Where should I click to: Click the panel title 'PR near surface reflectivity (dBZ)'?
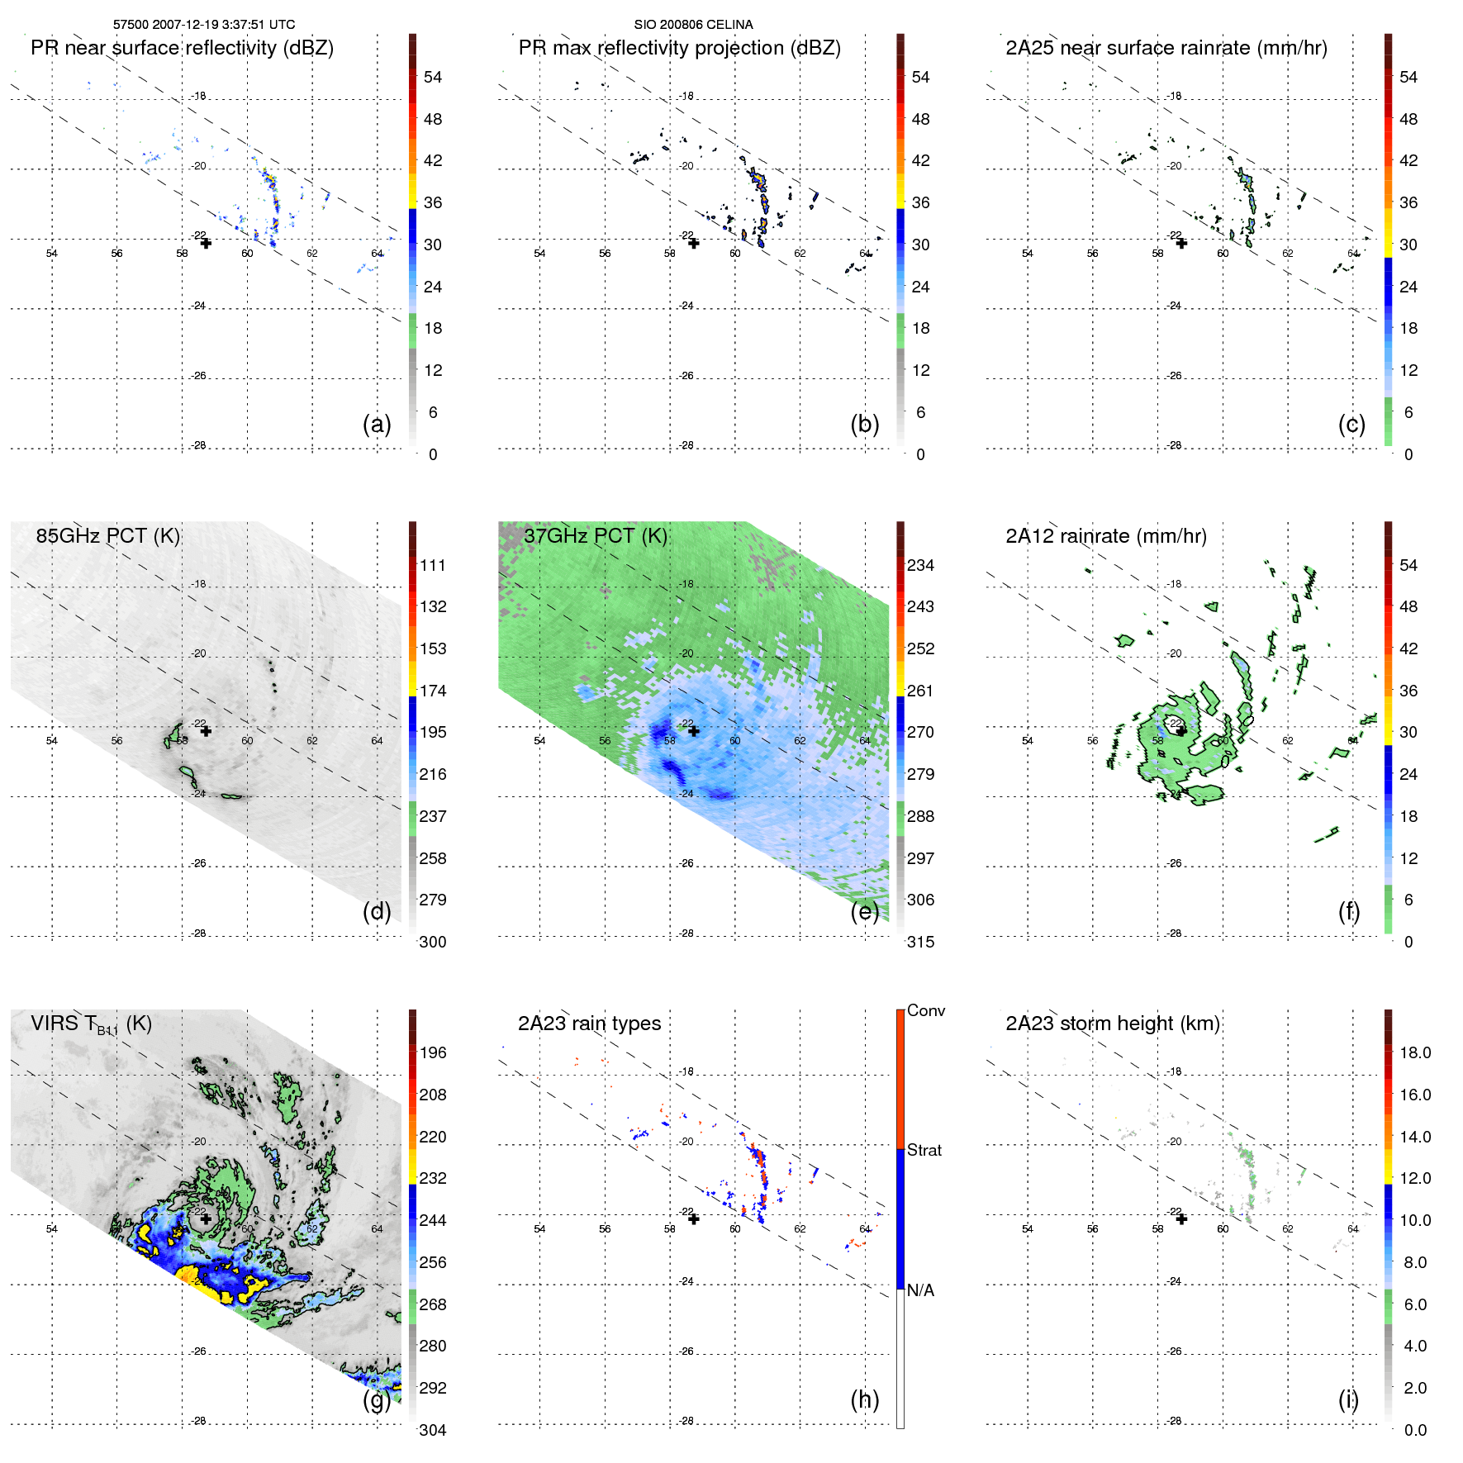[182, 48]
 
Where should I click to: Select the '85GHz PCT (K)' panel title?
[107, 535]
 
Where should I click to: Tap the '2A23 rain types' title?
[589, 1024]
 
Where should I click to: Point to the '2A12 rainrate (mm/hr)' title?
[1105, 536]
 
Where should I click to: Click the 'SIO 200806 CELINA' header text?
[693, 25]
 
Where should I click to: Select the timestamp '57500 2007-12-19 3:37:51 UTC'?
[204, 25]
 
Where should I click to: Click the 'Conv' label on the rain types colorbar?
[925, 1010]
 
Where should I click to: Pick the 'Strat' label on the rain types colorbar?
[924, 1150]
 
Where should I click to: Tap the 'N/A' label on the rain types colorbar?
[920, 1290]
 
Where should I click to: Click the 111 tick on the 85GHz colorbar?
[433, 565]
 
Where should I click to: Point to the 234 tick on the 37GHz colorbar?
[920, 565]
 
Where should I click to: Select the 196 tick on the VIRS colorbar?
[433, 1052]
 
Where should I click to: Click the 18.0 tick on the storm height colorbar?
[1414, 1052]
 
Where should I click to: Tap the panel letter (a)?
[377, 424]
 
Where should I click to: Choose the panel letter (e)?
[864, 911]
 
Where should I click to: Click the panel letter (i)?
[1348, 1399]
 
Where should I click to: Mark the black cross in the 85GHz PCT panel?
[206, 731]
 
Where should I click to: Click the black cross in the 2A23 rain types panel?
[694, 1218]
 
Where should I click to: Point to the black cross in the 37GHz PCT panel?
[694, 731]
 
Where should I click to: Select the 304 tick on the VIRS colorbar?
[433, 1430]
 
